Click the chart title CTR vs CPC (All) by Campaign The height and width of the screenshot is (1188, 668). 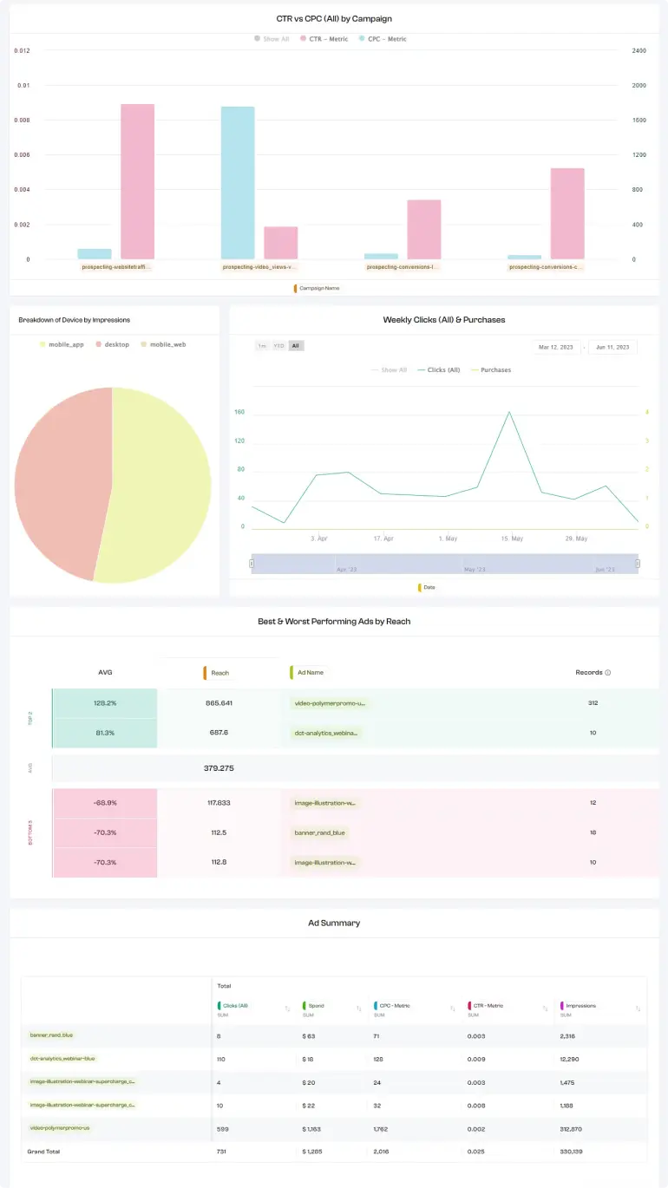tap(334, 18)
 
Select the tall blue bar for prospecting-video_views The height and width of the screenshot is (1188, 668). tap(238, 182)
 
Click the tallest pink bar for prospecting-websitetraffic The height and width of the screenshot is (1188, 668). tap(137, 181)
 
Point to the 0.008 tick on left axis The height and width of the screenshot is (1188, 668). tap(23, 120)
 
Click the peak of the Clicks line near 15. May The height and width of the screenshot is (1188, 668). tap(509, 412)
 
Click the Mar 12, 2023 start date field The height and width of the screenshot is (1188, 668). tap(555, 347)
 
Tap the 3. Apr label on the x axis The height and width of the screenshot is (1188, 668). tap(319, 539)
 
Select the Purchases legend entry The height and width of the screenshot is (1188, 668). tap(494, 370)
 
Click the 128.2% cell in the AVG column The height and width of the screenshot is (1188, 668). tap(105, 703)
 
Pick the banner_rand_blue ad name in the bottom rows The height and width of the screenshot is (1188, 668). tap(319, 832)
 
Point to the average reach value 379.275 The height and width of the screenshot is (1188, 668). tap(219, 768)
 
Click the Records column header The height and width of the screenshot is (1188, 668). tap(593, 673)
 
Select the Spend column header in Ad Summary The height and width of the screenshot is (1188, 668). tap(316, 1006)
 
